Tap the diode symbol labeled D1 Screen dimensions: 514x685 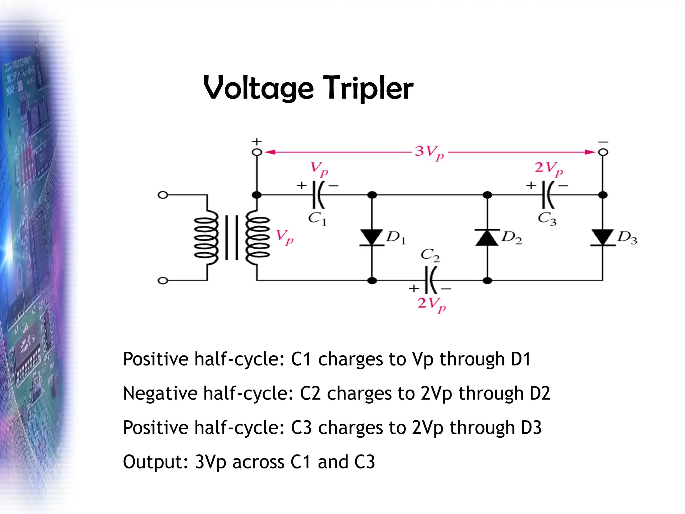(372, 237)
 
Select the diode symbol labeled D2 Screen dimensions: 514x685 (487, 237)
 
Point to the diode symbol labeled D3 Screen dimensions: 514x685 (602, 237)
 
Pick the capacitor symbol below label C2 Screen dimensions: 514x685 (430, 280)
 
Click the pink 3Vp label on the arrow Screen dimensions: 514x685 (429, 153)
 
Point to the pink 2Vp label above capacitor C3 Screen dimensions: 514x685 (549, 168)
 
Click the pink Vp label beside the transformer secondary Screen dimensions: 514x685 (284, 237)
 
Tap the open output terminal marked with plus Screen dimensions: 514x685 (257, 152)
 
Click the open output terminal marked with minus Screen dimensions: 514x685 (603, 152)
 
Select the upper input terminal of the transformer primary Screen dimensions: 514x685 (163, 195)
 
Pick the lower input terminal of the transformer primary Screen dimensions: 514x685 (163, 280)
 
